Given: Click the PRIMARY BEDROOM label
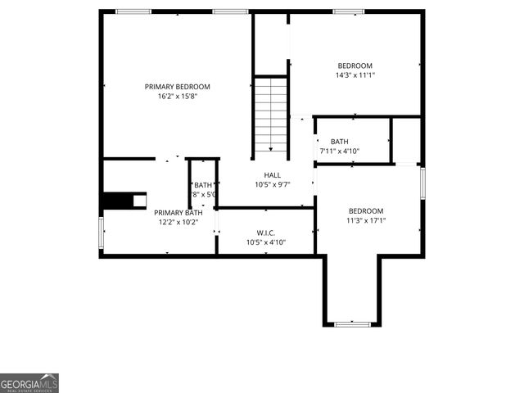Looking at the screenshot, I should tap(178, 87).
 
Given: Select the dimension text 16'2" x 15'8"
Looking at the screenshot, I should tap(178, 97).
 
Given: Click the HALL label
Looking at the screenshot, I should tap(272, 175).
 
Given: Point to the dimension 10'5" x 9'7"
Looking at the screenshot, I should tap(272, 185).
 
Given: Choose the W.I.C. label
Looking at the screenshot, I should tap(265, 232).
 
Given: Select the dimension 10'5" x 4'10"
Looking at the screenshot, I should tap(265, 242).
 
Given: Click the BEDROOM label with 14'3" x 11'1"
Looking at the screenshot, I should tap(355, 66).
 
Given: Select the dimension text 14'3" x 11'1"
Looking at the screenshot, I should tap(355, 76).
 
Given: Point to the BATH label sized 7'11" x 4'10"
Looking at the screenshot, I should tap(340, 142).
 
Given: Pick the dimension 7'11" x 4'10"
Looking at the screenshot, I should tap(340, 151).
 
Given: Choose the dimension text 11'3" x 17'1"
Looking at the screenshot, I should tap(365, 220).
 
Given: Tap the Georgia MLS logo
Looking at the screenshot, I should tap(29, 383).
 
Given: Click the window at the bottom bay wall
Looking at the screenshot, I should tap(352, 325).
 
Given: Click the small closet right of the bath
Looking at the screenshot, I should tap(406, 140).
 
